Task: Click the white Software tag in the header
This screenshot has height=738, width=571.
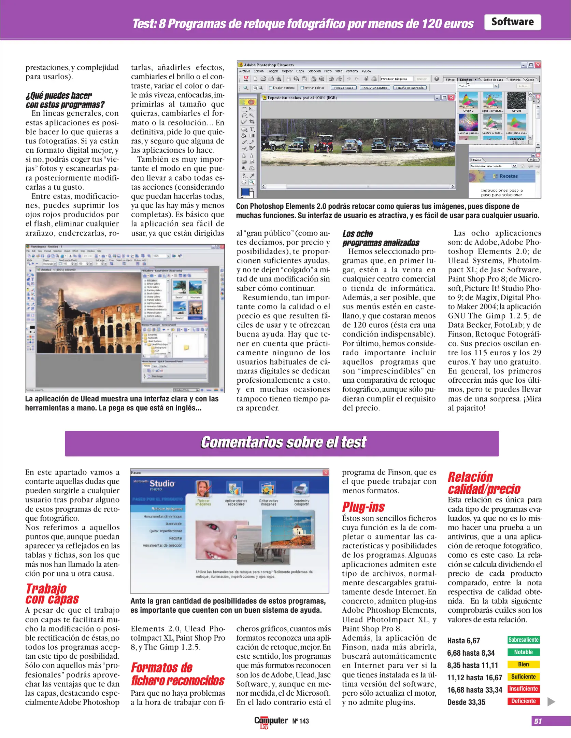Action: tap(512, 22)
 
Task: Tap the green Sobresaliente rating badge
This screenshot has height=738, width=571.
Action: tap(523, 640)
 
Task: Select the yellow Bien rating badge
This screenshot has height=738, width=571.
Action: tap(523, 664)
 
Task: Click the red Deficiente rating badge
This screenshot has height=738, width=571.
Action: tap(523, 701)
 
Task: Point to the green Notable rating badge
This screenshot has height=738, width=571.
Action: tap(523, 652)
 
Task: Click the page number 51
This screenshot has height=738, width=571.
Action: tap(538, 721)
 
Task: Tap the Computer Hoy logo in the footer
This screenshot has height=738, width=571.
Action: tap(271, 721)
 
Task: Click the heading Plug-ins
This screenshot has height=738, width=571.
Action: tap(363, 507)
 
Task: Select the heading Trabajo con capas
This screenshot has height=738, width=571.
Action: tap(52, 594)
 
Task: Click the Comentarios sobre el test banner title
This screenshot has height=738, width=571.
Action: tap(283, 442)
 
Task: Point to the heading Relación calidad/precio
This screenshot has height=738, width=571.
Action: tap(484, 483)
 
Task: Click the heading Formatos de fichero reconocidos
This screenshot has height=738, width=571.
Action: tap(177, 674)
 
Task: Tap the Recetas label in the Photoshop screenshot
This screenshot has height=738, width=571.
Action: tap(508, 176)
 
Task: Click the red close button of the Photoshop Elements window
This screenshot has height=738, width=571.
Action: tap(538, 65)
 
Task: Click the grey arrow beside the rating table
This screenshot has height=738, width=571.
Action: tap(551, 701)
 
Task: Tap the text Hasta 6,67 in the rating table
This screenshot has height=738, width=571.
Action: tap(463, 641)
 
